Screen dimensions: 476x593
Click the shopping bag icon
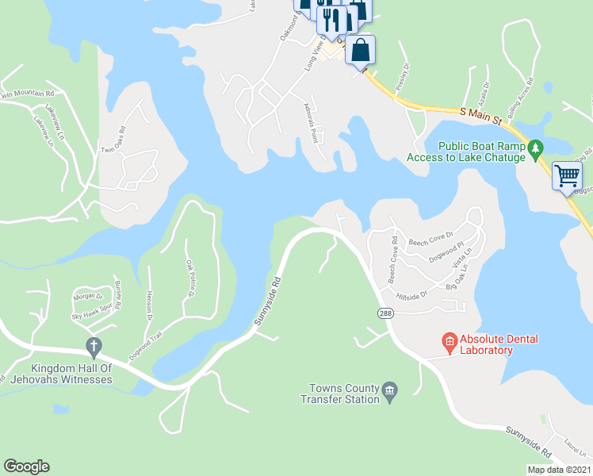coord(360,50)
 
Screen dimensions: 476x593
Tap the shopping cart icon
coord(568,176)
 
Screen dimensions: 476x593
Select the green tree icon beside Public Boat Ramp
coord(536,147)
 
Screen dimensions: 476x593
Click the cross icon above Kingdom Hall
coord(94,347)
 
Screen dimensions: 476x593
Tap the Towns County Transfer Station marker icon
coord(389,389)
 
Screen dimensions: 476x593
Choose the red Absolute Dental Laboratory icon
coord(450,341)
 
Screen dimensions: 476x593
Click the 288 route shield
coord(385,314)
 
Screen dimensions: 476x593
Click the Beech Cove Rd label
coord(392,260)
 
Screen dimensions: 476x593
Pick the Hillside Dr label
coord(413,294)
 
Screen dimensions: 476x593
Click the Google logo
coord(26,466)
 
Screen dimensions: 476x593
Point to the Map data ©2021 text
coord(559,470)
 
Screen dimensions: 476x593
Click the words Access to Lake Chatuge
coord(466,157)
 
